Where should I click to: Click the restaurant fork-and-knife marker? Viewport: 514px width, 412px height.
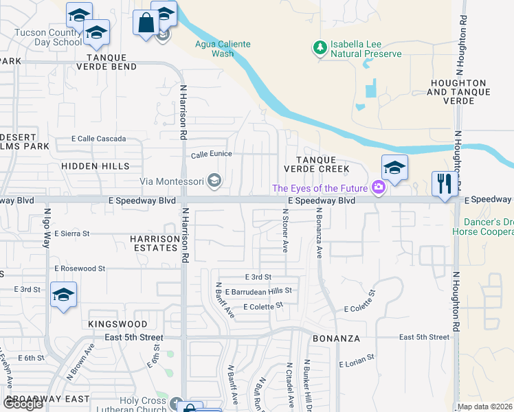tap(444, 184)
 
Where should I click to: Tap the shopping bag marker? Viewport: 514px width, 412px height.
tap(146, 23)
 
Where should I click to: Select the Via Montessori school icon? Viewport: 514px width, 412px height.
tap(214, 181)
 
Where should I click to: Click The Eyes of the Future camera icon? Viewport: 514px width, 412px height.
tap(377, 187)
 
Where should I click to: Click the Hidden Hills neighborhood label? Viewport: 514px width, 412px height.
tap(95, 166)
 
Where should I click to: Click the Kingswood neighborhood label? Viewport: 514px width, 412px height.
tap(118, 323)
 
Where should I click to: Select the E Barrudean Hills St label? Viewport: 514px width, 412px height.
tap(249, 290)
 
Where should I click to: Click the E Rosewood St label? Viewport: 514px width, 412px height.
tap(79, 268)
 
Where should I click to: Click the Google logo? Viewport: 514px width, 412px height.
tap(23, 404)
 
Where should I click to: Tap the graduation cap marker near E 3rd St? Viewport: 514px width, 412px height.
tap(64, 295)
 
